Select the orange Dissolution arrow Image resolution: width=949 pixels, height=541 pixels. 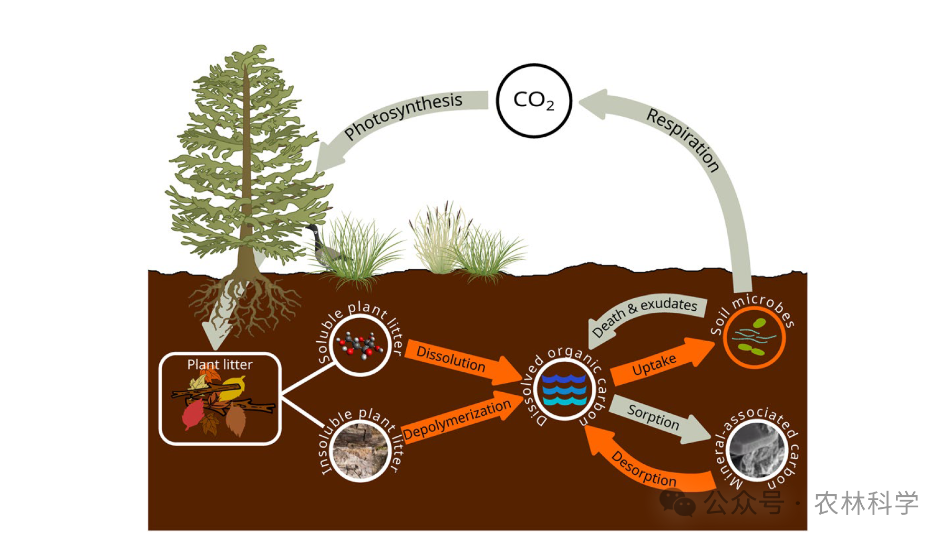(x=462, y=363)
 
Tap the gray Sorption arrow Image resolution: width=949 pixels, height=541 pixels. (x=659, y=419)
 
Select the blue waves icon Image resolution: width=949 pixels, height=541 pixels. (x=564, y=390)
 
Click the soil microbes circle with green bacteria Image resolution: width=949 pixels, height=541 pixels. (x=754, y=337)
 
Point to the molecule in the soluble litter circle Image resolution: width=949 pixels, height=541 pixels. (x=360, y=345)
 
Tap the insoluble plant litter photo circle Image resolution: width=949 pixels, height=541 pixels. (x=360, y=452)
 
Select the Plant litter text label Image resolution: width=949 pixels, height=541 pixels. (x=220, y=364)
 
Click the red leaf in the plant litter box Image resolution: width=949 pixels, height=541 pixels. (x=192, y=414)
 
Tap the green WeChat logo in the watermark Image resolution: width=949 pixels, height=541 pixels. (x=677, y=503)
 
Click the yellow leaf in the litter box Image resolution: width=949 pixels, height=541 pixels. (x=234, y=389)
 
